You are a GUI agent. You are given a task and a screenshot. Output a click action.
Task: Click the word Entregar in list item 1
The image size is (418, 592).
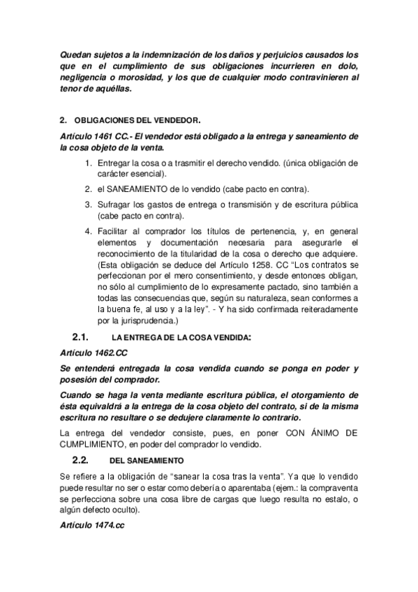114,163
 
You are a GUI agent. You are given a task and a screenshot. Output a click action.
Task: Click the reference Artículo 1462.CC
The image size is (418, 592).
94,353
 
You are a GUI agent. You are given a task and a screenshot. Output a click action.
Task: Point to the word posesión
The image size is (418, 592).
82,380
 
